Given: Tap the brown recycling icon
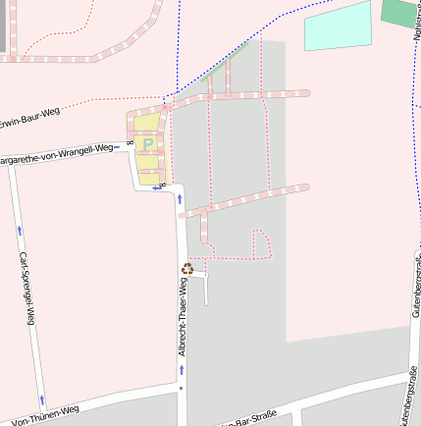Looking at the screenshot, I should [186, 268].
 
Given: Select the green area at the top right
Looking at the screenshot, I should [398, 13].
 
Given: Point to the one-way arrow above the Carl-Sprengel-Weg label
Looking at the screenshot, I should [20, 230].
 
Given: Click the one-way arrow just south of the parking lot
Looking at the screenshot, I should [181, 198].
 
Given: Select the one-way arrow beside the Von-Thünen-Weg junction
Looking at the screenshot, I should [42, 399].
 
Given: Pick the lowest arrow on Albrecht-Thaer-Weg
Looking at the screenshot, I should [182, 370].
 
